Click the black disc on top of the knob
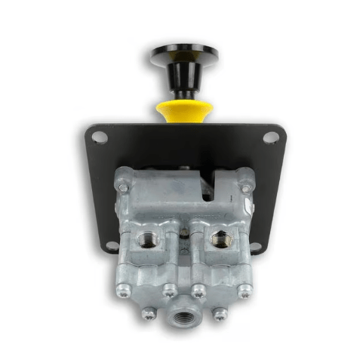(x=183, y=54)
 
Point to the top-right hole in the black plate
(x=269, y=137)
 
